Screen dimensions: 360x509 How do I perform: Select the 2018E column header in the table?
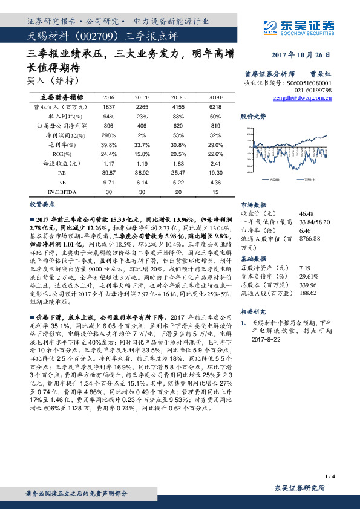pyautogui.click(x=177, y=97)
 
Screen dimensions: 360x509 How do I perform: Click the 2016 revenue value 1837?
pyautogui.click(x=110, y=106)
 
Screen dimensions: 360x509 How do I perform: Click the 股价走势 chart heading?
pyautogui.click(x=253, y=115)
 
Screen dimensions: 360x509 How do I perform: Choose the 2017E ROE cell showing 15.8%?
pyautogui.click(x=143, y=154)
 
